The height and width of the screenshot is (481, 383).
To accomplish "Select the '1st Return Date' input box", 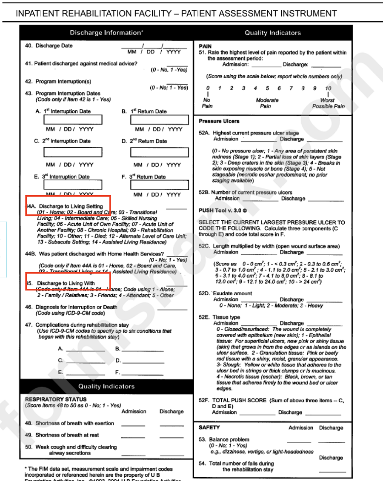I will click(x=160, y=120).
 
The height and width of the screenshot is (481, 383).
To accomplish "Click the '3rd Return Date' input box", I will click(x=160, y=185).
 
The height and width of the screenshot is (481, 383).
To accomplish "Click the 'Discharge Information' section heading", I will click(x=106, y=33).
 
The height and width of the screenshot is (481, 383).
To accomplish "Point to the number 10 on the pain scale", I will click(x=328, y=88).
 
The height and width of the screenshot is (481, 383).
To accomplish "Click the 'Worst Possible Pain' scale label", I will click(x=328, y=103).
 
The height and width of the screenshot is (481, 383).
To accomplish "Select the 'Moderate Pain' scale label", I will click(x=267, y=103).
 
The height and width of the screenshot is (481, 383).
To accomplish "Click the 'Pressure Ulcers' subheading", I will click(x=219, y=121).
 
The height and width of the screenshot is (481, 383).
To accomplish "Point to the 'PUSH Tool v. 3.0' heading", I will click(x=223, y=211).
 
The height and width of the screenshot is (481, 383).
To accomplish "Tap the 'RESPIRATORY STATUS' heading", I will click(x=56, y=399).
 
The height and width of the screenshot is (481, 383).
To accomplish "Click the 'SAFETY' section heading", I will click(x=209, y=427).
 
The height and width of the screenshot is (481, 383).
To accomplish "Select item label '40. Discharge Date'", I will click(x=49, y=46).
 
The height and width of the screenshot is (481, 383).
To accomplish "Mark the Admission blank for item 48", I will click(x=133, y=424).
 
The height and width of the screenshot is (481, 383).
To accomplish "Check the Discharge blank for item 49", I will click(x=171, y=436).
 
